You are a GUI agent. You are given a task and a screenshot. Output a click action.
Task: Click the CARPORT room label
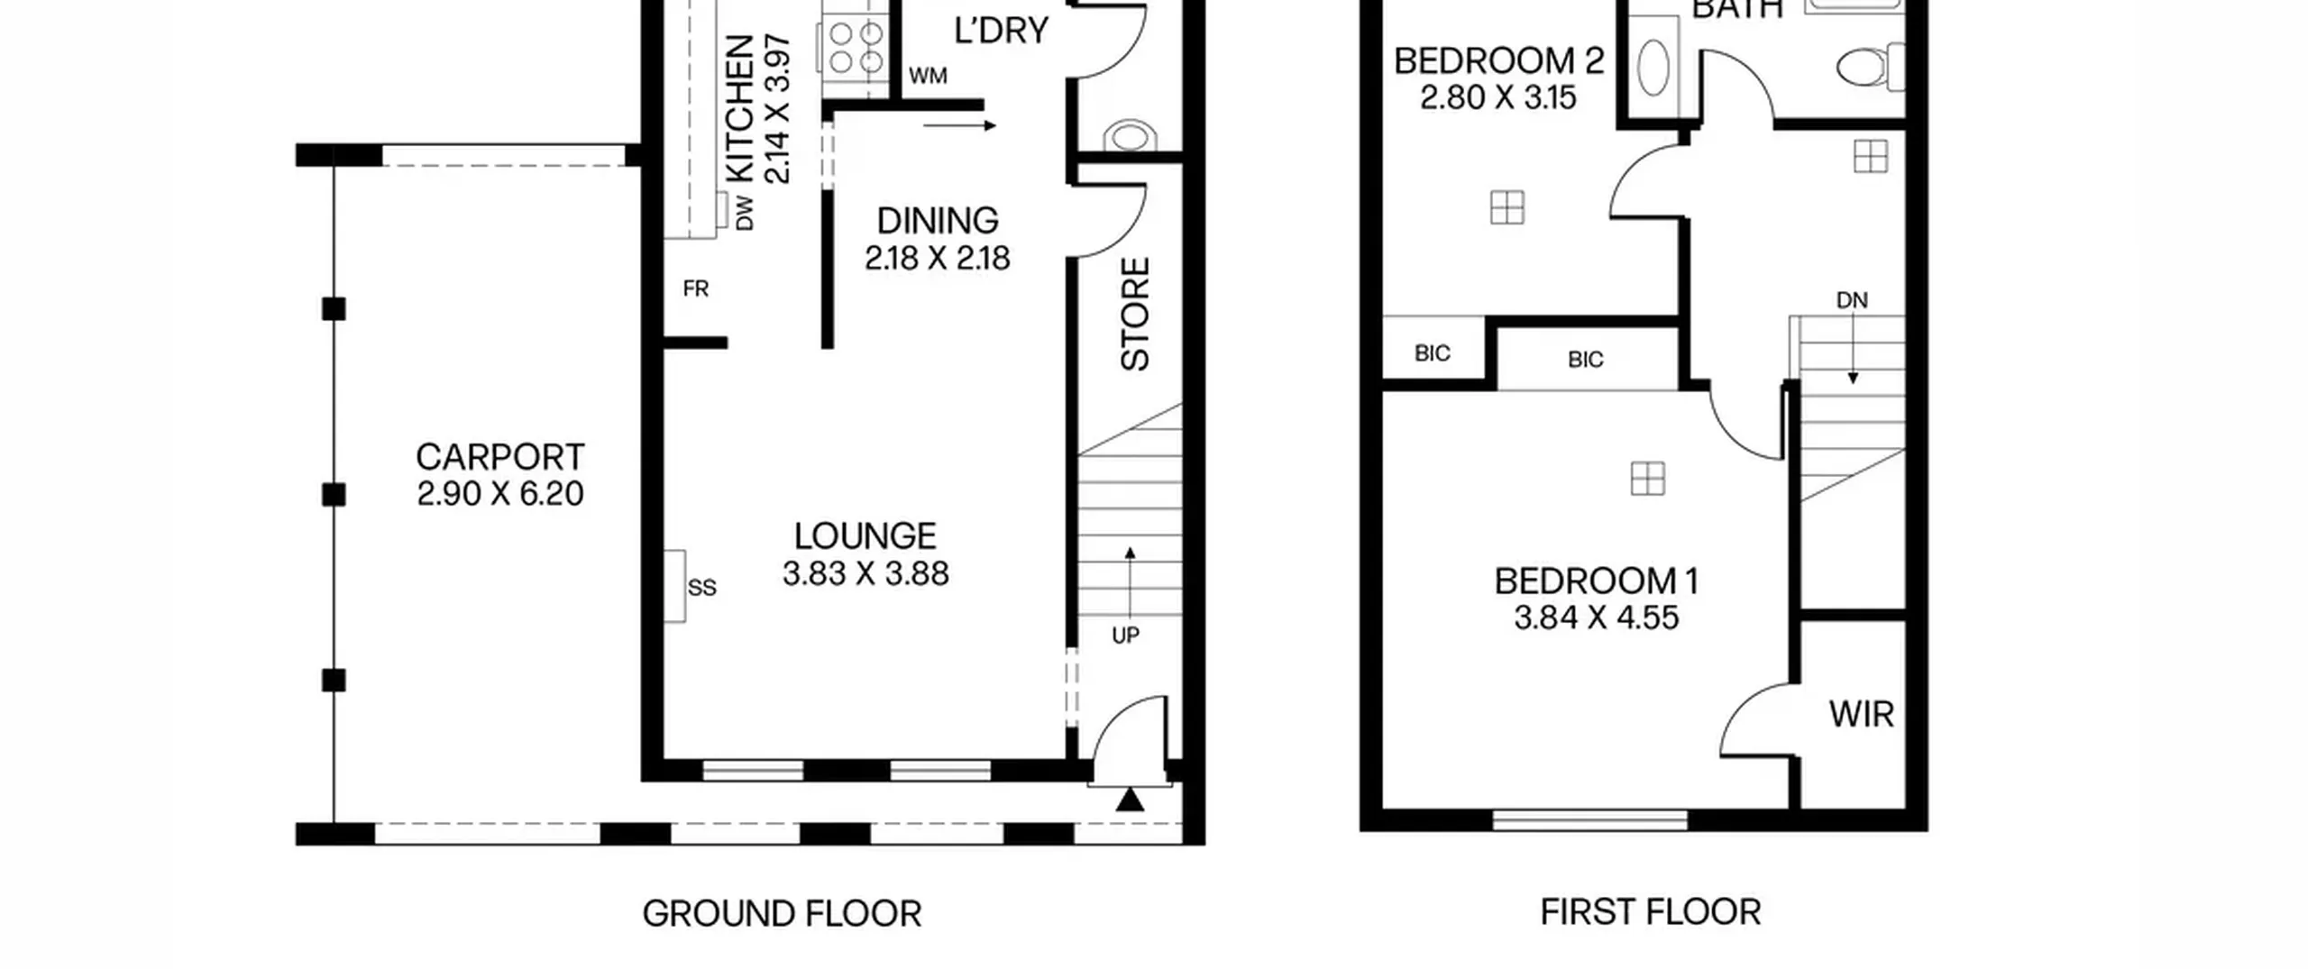500,458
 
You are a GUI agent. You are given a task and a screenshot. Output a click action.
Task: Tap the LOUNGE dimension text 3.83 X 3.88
865,574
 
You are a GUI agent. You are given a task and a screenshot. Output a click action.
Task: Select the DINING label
938,221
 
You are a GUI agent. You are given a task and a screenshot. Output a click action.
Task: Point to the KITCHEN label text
739,108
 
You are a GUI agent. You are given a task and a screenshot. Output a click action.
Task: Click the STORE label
1135,315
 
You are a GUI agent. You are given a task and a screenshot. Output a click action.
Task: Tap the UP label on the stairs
1125,635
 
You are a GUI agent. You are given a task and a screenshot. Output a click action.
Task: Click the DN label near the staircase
1852,300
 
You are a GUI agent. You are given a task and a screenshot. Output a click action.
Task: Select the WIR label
1861,715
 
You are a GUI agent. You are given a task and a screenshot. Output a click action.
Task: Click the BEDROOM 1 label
1597,581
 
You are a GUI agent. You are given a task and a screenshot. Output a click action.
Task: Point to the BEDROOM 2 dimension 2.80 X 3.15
1498,97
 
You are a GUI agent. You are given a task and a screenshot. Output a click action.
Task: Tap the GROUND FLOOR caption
782,914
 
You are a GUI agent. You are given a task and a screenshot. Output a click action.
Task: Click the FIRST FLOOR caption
1651,912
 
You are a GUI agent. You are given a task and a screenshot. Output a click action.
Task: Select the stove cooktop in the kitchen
854,48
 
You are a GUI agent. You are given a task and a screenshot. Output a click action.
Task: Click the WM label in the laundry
928,76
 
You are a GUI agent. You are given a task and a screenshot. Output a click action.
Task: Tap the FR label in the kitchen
696,288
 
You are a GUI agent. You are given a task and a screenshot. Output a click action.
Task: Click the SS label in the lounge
701,588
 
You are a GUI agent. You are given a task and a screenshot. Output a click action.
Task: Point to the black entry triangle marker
1130,800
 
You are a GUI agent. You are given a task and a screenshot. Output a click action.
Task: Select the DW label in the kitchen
745,213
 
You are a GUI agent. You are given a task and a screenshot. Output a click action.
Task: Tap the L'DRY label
1002,31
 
